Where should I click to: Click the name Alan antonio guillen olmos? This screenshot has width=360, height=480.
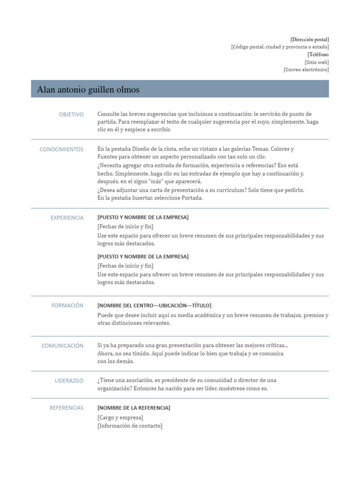(x=88, y=90)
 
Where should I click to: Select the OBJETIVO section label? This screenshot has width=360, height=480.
(x=71, y=114)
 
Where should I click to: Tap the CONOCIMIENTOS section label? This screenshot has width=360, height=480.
(x=61, y=150)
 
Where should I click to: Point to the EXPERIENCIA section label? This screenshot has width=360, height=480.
(x=67, y=218)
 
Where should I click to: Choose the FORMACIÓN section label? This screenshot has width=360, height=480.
(x=67, y=306)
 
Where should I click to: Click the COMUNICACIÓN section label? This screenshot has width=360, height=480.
(x=62, y=346)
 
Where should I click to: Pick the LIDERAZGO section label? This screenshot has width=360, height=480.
(x=69, y=381)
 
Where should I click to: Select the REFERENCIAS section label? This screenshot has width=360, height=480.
(x=67, y=408)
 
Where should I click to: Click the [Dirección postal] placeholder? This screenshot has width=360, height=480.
(x=309, y=39)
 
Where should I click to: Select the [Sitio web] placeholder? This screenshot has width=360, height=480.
(x=316, y=62)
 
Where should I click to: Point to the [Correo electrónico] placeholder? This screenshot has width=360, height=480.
(x=306, y=69)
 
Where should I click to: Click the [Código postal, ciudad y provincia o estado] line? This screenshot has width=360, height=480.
(x=280, y=47)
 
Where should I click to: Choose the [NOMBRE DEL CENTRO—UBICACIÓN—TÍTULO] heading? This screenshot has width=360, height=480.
(x=154, y=306)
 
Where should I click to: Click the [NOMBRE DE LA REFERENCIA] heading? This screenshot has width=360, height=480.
(x=134, y=408)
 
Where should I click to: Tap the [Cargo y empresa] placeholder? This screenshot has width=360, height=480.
(x=120, y=418)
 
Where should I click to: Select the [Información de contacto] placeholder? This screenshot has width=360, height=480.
(x=130, y=426)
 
